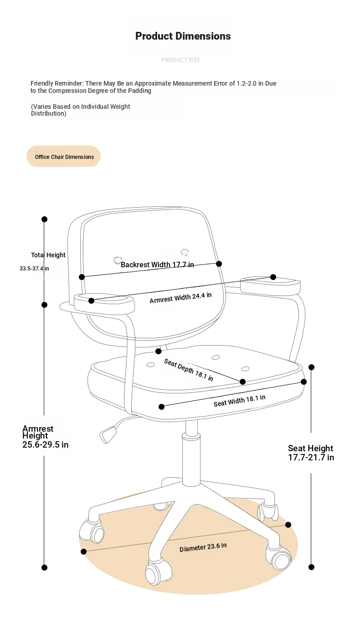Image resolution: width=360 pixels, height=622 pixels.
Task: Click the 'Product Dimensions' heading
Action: (183, 36)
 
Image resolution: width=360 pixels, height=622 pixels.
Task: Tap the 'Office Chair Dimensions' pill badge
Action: (63, 156)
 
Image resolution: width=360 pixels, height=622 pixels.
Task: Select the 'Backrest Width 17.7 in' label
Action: (157, 265)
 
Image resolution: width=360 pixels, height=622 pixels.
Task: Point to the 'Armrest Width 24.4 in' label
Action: (180, 298)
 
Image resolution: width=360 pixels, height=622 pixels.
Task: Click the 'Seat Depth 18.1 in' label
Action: (189, 370)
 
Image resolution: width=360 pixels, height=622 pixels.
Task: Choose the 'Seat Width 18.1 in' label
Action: (239, 401)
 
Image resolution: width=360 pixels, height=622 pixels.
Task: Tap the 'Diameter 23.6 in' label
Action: (203, 547)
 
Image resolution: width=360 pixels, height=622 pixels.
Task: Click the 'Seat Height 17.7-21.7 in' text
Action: (311, 453)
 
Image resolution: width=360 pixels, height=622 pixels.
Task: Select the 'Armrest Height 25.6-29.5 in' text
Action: (45, 437)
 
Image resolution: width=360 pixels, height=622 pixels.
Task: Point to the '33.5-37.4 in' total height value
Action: (34, 269)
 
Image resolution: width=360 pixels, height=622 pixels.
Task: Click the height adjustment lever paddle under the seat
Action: (108, 435)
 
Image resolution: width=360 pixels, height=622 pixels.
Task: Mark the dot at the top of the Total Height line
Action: (44, 219)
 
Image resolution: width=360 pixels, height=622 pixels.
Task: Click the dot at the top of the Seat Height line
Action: (311, 367)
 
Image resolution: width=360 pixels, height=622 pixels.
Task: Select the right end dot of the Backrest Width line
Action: (219, 264)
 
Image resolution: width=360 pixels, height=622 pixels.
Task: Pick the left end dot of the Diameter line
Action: (83, 552)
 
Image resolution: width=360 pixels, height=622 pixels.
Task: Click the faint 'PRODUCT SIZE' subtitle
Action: (181, 60)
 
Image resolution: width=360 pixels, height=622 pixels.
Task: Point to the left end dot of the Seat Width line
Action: (161, 407)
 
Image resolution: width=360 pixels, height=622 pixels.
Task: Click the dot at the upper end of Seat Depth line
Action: (159, 351)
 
